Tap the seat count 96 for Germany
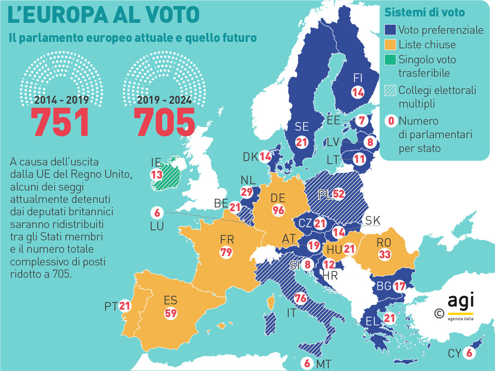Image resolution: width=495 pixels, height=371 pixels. [278, 210]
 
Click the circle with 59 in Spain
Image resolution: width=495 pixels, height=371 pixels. [170, 313]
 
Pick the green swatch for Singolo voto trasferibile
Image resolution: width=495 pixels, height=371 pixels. [390, 60]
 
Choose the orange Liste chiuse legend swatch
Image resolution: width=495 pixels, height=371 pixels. [390, 45]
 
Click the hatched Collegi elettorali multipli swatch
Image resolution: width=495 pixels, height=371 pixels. [390, 90]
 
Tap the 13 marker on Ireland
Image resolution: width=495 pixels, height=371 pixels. [156, 174]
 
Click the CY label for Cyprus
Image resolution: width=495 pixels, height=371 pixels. [453, 353]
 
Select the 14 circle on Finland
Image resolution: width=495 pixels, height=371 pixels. [358, 93]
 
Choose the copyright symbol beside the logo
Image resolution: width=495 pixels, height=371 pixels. [439, 313]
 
